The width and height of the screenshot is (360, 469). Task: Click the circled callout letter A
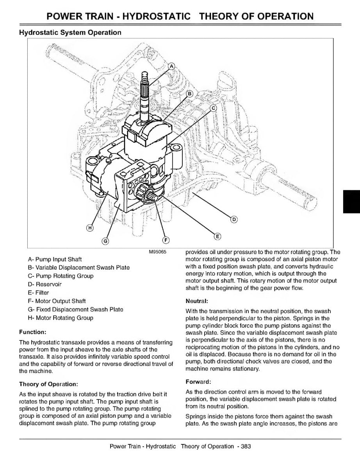click(170, 66)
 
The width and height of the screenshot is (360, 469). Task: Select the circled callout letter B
click(190, 93)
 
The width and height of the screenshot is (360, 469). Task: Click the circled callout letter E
click(218, 236)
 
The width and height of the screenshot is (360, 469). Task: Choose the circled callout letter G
click(105, 241)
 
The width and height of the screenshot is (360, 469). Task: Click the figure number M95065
click(158, 252)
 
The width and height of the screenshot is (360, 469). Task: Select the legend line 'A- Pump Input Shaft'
click(55, 259)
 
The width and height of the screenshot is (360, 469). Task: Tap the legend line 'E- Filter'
click(38, 293)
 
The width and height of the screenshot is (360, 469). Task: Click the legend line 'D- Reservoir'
click(45, 284)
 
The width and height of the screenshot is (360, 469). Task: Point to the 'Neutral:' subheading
click(196, 301)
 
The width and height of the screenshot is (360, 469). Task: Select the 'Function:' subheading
click(33, 332)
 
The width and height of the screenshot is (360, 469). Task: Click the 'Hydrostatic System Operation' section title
click(70, 32)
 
